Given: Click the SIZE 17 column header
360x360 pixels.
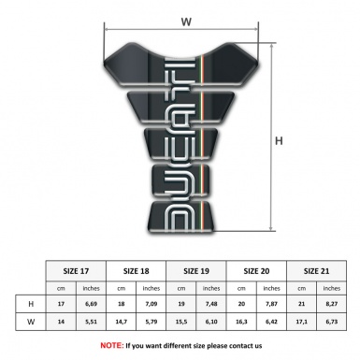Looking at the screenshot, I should pyautogui.click(x=77, y=268).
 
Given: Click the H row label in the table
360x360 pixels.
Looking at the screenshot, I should pyautogui.click(x=32, y=304).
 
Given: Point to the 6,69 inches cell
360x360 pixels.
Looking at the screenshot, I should pyautogui.click(x=92, y=304).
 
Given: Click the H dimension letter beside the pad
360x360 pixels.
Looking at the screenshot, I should pyautogui.click(x=279, y=141).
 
